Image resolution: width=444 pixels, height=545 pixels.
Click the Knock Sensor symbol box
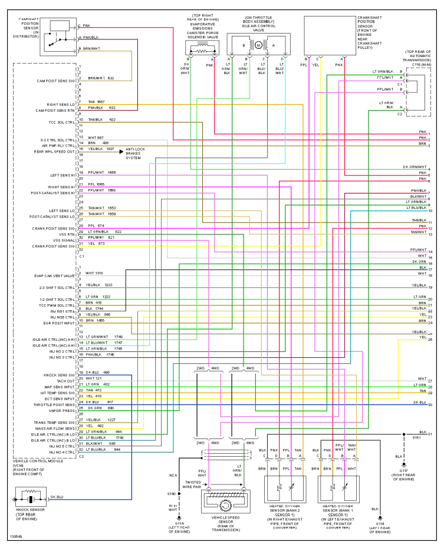tap(29, 499)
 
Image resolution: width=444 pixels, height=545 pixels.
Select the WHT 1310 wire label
tap(94, 273)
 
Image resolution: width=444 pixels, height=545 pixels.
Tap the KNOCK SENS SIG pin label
tap(59, 375)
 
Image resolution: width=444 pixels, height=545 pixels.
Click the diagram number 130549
tap(15, 537)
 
